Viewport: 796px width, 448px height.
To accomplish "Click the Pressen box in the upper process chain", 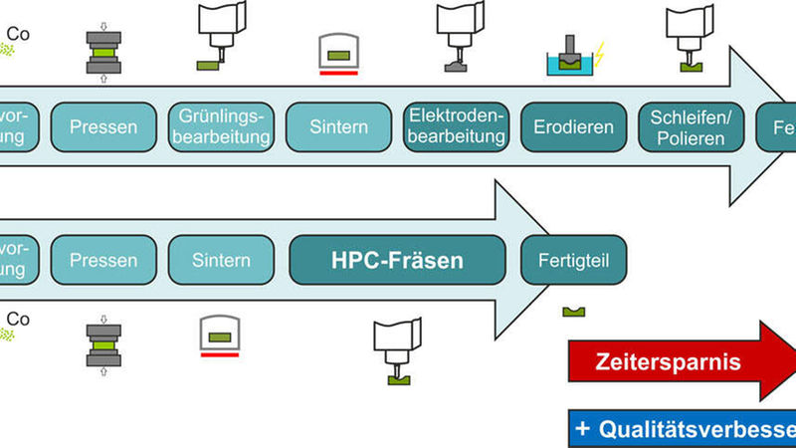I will click(104, 126).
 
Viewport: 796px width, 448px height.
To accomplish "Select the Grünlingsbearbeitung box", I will click(221, 126).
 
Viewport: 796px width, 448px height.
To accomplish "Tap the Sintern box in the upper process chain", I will click(339, 126).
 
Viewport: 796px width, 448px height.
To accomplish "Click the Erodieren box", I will click(573, 126).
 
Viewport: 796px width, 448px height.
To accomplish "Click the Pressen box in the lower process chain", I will click(104, 261).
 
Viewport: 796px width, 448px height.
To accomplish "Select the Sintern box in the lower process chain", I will click(221, 261).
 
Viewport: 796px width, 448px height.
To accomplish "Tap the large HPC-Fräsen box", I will click(397, 261).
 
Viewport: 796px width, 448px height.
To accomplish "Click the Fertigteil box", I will click(573, 261).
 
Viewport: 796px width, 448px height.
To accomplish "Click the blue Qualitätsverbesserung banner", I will click(683, 429).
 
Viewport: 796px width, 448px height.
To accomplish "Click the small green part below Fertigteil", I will click(573, 312).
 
